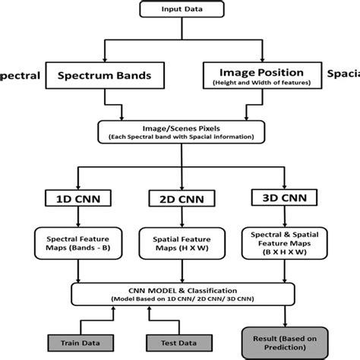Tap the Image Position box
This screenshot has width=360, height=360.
[x=262, y=77]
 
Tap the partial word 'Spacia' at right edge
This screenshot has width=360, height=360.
[x=343, y=75]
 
